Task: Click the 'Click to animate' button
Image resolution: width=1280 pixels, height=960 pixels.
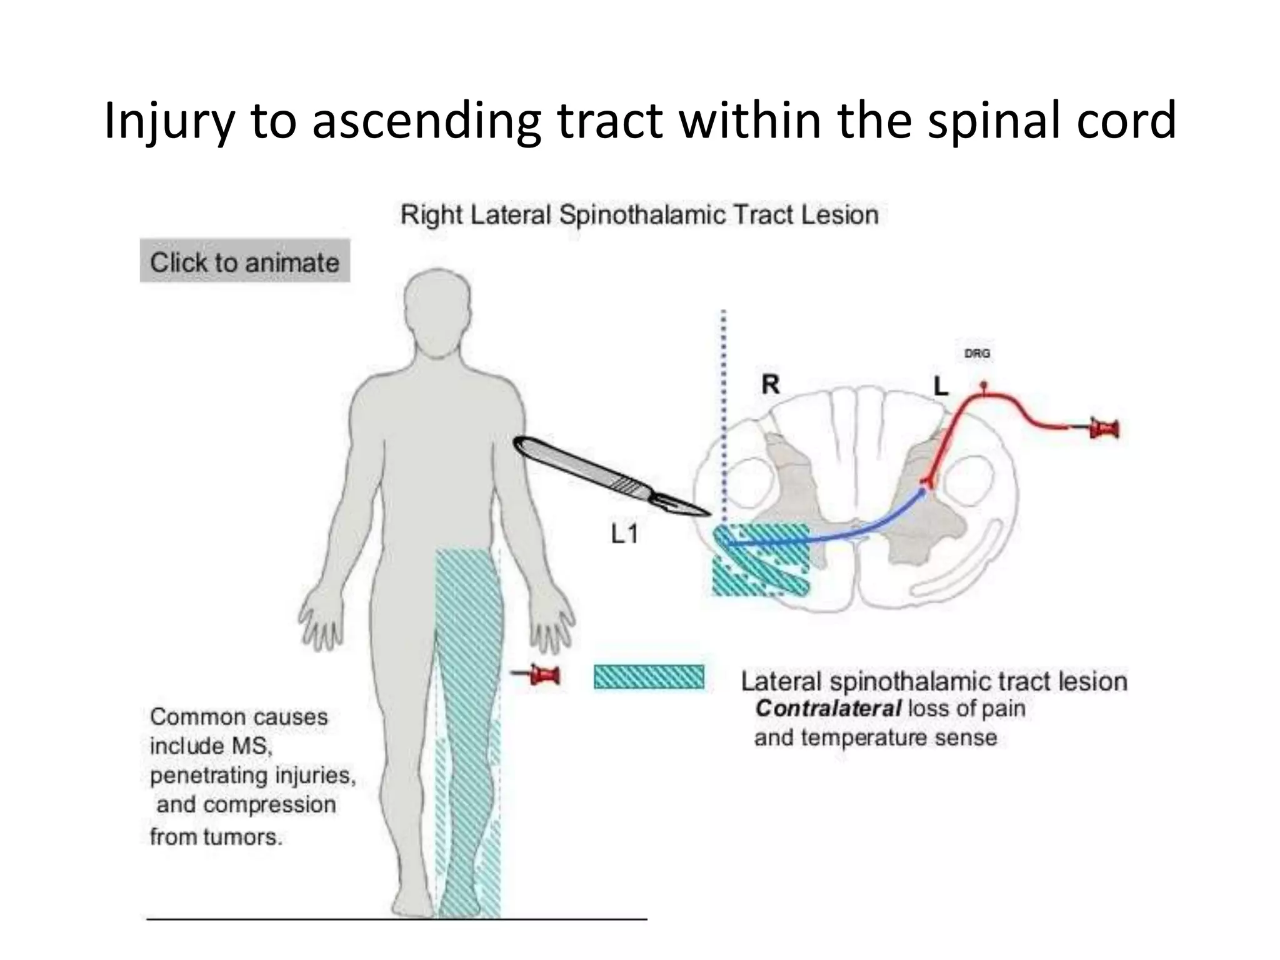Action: pos(244,261)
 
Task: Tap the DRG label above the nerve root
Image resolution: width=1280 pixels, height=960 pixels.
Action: pos(977,353)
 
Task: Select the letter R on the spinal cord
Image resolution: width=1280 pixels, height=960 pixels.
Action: pos(771,384)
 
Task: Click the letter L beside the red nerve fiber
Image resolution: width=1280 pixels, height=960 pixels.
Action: pos(941,386)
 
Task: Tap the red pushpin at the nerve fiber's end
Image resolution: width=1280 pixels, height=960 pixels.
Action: pos(1104,429)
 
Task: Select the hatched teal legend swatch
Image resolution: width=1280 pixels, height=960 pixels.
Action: pos(648,677)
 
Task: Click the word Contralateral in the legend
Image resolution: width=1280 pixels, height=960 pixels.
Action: pos(828,709)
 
